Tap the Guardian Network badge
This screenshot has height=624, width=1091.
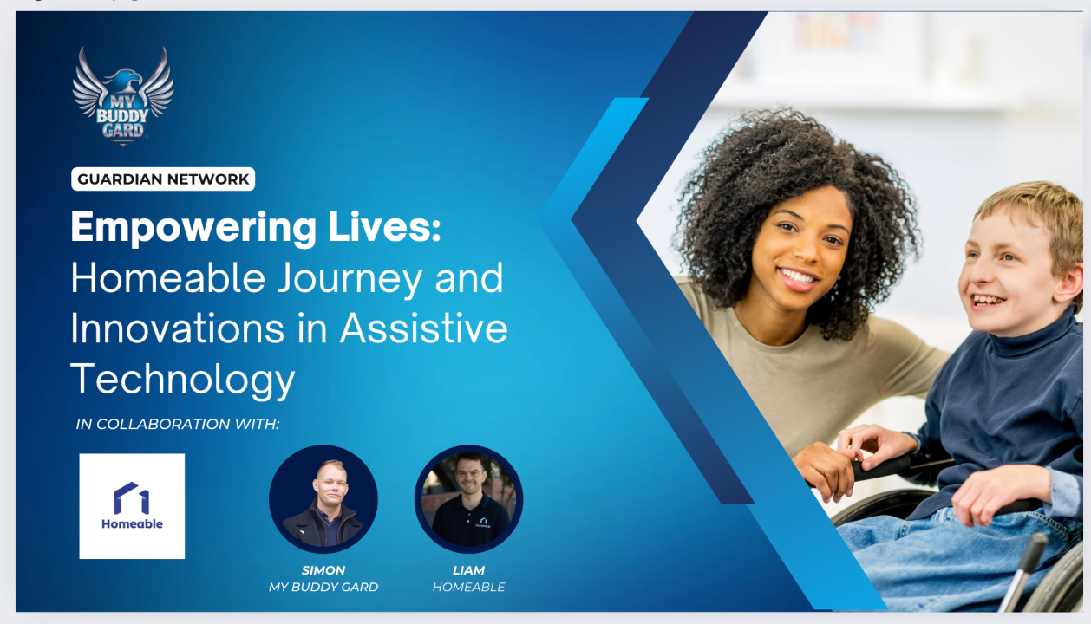coord(163,179)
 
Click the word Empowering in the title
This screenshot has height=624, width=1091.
coord(193,229)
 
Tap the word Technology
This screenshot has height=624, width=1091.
coord(182,378)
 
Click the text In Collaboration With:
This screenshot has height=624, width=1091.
coord(178,424)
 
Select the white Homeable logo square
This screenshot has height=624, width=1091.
coord(132,506)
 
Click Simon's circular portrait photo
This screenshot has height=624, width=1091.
coord(323,499)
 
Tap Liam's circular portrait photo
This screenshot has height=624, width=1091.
coord(468,499)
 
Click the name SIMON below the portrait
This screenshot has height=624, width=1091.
coord(323,570)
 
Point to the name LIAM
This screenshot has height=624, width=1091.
coord(468,570)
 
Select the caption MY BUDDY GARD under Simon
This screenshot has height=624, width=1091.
coord(323,587)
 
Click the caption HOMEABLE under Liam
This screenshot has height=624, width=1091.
coord(468,587)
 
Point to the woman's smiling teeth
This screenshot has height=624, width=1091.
coord(799,278)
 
